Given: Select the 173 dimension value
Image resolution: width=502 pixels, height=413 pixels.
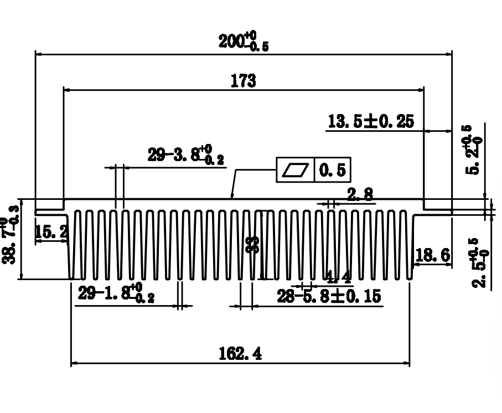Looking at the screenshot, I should pos(244,81).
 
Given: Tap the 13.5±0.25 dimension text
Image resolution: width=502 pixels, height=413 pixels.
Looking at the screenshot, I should pos(371,121).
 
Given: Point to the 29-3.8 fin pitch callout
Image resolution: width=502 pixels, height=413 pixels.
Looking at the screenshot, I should pos(186,156).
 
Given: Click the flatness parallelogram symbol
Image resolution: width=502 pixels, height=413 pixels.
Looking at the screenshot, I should pos(295,170).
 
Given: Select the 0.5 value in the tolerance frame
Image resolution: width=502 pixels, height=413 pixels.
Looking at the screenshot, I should pos(333,170).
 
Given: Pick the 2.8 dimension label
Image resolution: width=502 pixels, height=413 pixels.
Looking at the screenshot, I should pos(360,194).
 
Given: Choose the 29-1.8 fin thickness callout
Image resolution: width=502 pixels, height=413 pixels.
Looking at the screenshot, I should pos(116,294).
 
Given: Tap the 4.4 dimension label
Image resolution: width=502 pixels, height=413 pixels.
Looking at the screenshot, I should pos(335,276).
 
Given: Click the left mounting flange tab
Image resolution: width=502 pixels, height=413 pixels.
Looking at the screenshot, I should pos(50,211).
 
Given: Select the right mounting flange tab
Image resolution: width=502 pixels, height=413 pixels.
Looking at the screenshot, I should pos(437,211).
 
